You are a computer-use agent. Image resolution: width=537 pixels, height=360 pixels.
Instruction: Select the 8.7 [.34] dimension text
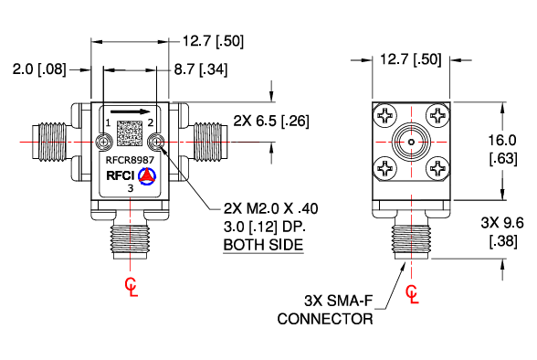click(x=201, y=69)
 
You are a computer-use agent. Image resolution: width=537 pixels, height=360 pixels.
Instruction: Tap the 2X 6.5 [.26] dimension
click(x=271, y=120)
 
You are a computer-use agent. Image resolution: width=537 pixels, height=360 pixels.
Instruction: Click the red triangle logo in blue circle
click(x=147, y=174)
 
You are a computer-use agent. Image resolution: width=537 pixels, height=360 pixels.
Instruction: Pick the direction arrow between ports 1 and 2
click(x=131, y=113)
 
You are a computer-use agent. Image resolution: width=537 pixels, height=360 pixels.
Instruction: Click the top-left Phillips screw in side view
click(x=385, y=116)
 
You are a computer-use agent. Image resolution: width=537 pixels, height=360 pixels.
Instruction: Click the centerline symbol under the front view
click(x=132, y=287)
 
